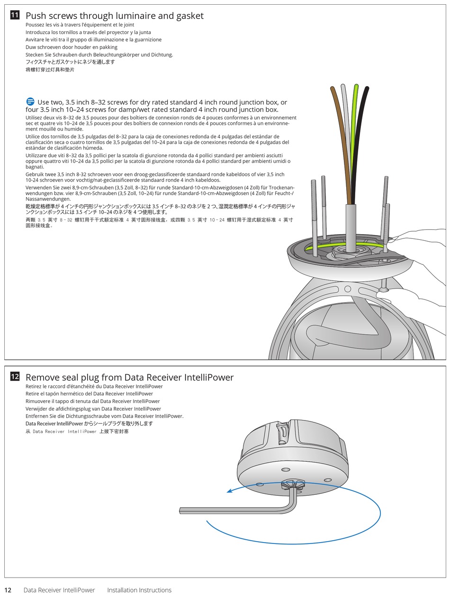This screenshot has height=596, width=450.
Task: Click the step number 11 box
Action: pos(15,15)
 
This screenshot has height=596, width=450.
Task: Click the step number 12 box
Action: pos(15,377)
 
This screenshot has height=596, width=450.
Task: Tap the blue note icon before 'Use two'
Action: pos(30,102)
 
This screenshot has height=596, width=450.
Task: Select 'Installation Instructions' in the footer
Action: pos(139,590)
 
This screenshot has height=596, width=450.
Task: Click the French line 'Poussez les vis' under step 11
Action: pos(80,25)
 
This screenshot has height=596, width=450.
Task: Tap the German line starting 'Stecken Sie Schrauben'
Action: pos(99,54)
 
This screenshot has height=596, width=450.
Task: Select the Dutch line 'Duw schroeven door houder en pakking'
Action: pos(71,47)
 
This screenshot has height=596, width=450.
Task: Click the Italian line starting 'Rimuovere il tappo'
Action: pos(92,401)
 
